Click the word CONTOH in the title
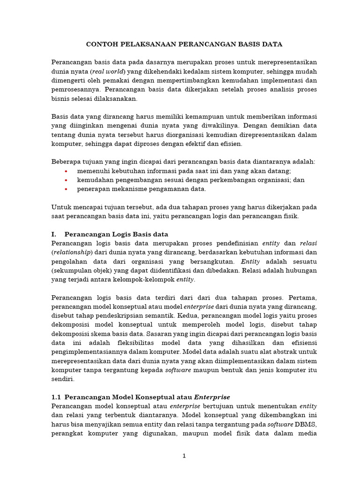pos(101,45)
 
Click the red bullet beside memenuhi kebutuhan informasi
pos(66,171)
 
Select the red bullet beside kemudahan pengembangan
pos(66,180)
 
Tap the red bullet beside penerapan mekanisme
pos(66,189)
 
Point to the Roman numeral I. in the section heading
pos(54,234)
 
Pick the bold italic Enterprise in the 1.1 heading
pos(212,397)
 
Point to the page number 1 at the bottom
pos(184,456)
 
